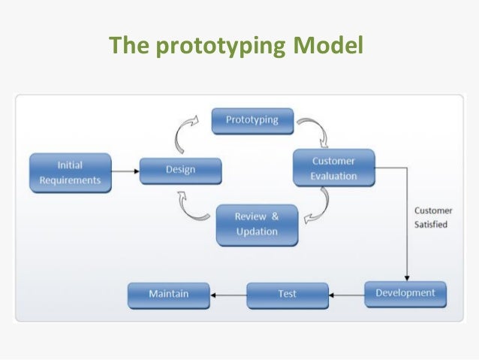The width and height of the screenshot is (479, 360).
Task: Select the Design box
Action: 181,170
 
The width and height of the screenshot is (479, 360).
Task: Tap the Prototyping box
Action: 252,120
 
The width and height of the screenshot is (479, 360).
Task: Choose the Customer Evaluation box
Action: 333,169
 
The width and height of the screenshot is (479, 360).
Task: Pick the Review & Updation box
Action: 257,223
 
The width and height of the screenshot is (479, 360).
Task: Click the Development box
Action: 405,293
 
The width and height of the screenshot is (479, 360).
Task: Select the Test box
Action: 288,294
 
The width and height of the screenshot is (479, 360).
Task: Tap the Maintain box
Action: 168,294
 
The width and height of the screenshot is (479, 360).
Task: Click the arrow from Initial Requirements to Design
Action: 125,171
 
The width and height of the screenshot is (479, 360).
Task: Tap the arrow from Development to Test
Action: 347,295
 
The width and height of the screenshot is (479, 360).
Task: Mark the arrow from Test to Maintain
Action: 228,295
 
